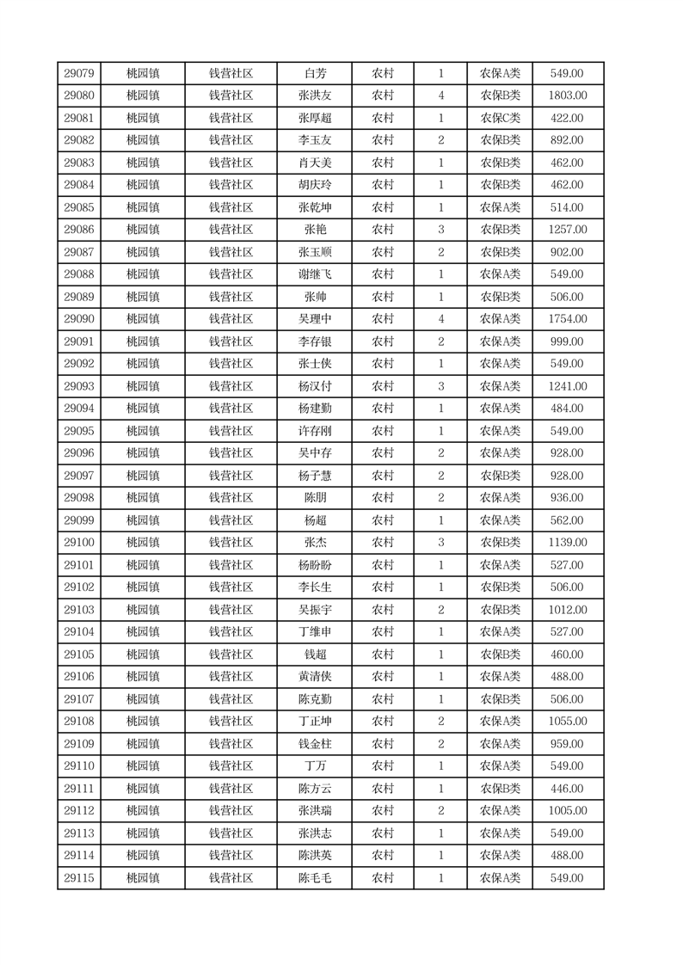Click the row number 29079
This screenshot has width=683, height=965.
tap(79, 73)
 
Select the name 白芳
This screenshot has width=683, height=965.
tap(316, 73)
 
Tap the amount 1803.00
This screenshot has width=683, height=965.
tap(568, 95)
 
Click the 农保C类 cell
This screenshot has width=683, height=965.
tap(500, 118)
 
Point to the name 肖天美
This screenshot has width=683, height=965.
tap(315, 163)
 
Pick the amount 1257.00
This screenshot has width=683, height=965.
tap(568, 230)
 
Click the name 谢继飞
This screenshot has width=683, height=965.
tap(315, 274)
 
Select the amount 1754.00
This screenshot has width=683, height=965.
tap(568, 319)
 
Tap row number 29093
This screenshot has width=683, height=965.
tap(79, 386)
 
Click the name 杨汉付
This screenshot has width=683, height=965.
tap(315, 386)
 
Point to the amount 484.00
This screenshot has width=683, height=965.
tap(568, 409)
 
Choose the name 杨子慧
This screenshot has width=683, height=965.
tap(315, 476)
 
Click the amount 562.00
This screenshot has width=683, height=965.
tap(568, 520)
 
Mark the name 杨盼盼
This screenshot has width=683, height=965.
tap(315, 565)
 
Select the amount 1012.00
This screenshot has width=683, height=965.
tap(568, 610)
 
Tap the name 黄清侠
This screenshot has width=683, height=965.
tap(315, 677)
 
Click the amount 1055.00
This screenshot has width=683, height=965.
tap(568, 722)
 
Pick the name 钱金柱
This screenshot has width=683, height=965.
tap(315, 744)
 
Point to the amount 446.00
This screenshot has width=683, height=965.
tap(568, 789)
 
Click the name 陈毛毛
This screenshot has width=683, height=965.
tap(315, 878)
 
